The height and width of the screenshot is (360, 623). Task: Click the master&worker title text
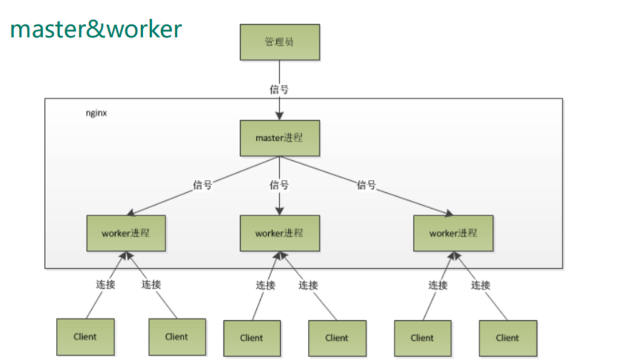click(x=96, y=29)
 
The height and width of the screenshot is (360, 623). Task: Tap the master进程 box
click(x=279, y=138)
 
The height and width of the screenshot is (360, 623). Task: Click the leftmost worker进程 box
click(x=126, y=234)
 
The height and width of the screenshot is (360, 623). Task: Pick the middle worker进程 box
click(x=279, y=234)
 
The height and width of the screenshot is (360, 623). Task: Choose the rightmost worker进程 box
click(x=453, y=234)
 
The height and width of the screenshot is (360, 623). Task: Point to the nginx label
click(x=96, y=114)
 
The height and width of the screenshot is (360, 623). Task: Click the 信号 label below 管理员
click(x=279, y=89)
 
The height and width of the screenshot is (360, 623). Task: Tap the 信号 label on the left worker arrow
click(x=203, y=184)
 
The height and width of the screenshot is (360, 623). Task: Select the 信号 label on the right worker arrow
click(x=366, y=184)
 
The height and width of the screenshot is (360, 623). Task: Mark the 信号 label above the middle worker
click(x=279, y=184)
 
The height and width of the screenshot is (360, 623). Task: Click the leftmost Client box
click(x=85, y=337)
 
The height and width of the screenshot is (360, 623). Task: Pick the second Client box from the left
click(x=177, y=337)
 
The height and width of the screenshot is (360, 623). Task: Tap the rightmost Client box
click(x=507, y=338)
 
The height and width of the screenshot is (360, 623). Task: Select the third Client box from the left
click(x=251, y=338)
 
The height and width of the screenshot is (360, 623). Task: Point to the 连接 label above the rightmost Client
click(x=480, y=285)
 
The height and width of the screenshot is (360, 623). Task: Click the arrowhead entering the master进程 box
click(x=279, y=116)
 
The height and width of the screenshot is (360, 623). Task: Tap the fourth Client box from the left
click(x=337, y=338)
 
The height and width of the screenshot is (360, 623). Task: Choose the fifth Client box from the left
click(x=422, y=338)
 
